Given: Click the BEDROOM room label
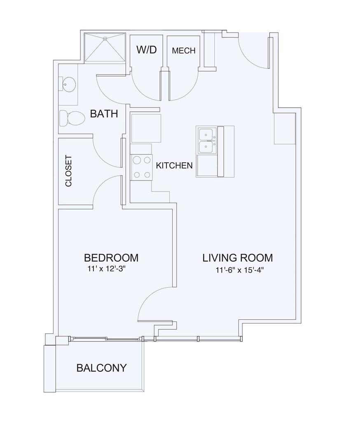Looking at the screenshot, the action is pyautogui.click(x=111, y=258).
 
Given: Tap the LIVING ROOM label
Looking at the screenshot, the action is pyautogui.click(x=238, y=258).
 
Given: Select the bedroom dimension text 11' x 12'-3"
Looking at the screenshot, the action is pyautogui.click(x=107, y=269).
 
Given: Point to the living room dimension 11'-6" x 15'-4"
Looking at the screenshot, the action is pyautogui.click(x=239, y=270).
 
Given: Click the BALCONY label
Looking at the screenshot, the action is pyautogui.click(x=101, y=368).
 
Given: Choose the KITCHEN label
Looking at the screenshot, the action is pyautogui.click(x=174, y=165).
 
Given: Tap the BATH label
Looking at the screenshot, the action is pyautogui.click(x=104, y=114).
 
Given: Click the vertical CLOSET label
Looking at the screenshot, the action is pyautogui.click(x=69, y=171).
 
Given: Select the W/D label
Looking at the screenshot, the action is pyautogui.click(x=146, y=49).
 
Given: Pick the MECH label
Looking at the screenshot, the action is pyautogui.click(x=183, y=50).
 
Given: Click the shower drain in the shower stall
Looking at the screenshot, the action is pyautogui.click(x=105, y=39).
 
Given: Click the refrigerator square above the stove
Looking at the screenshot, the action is pyautogui.click(x=146, y=128).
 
